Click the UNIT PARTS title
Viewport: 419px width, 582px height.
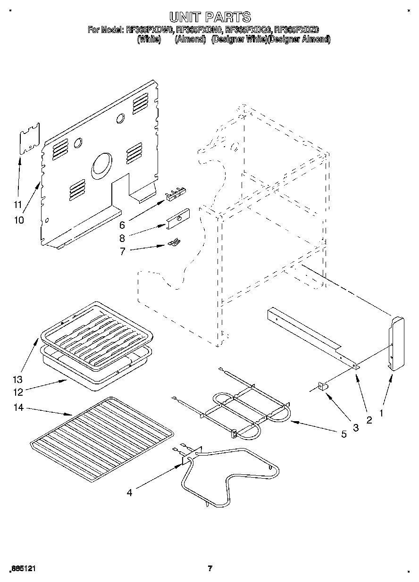point(210,18)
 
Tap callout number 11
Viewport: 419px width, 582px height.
point(18,204)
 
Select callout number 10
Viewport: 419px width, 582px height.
point(19,219)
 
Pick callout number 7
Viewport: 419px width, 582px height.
point(122,251)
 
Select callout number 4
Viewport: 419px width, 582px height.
point(129,493)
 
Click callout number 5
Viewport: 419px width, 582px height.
point(344,434)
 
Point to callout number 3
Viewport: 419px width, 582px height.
point(355,427)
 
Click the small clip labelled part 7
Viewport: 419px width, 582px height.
point(174,242)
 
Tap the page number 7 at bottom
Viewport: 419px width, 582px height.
point(210,569)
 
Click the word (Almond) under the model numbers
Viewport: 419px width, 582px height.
point(190,40)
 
